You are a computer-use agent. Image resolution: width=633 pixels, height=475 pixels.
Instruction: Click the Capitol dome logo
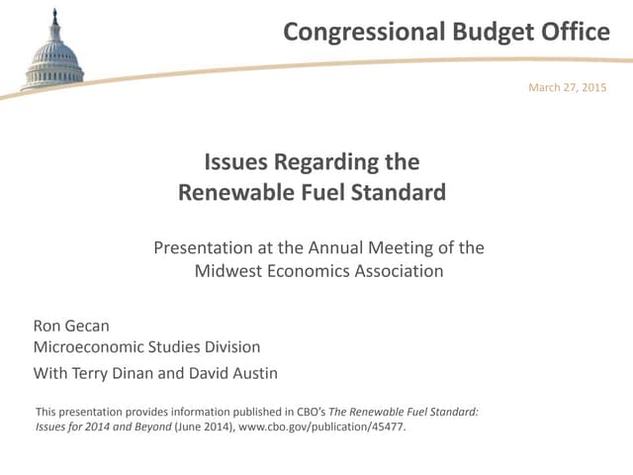tap(53, 55)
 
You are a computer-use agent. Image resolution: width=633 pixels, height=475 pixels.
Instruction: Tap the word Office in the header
tap(575, 32)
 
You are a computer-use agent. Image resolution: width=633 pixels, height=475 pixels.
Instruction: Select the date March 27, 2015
tap(568, 88)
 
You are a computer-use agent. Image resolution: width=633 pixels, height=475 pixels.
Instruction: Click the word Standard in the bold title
tap(401, 192)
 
